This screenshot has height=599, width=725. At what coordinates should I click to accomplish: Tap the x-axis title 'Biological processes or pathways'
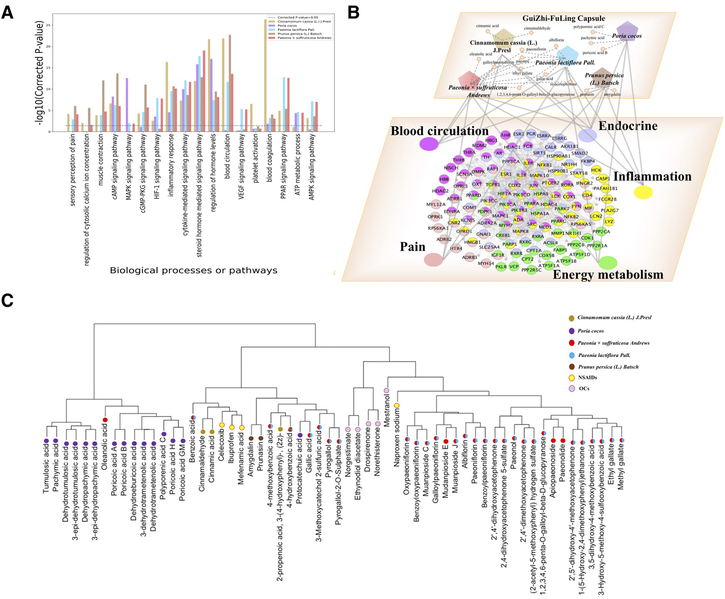[194, 271]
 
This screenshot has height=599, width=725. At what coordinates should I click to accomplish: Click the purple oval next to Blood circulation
[429, 144]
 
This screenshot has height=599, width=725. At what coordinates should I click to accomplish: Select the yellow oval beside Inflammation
[643, 192]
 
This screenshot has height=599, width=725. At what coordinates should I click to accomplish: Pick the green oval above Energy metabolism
[608, 263]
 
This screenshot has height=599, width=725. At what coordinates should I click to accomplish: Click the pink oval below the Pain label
[433, 260]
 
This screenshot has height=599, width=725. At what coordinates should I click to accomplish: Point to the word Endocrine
[628, 126]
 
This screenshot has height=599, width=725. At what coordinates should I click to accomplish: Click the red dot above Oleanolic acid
[105, 420]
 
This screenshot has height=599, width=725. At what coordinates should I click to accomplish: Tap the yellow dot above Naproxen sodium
[397, 406]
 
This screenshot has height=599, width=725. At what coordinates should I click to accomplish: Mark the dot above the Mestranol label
[386, 391]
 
